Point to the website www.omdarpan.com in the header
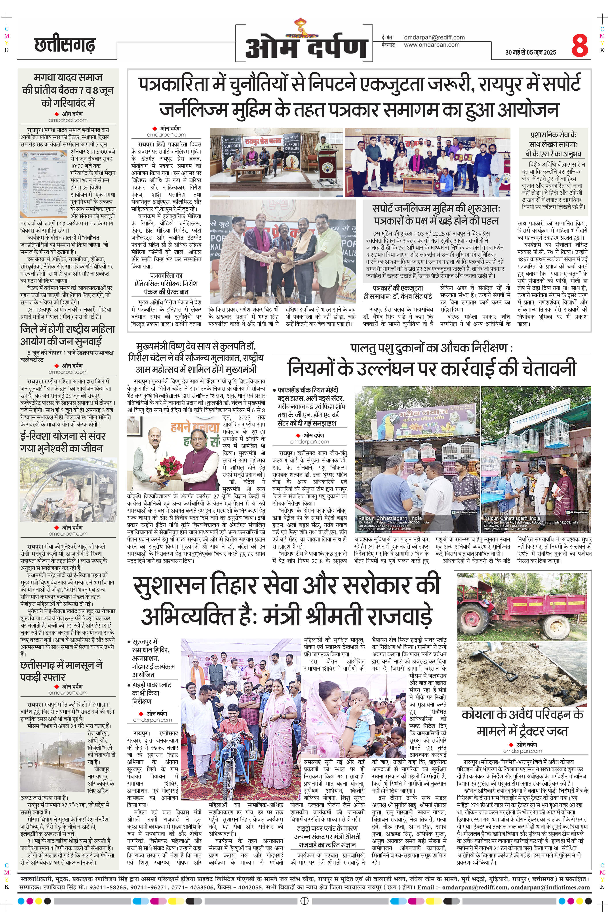tap(432, 45)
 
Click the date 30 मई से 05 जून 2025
tap(531, 52)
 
